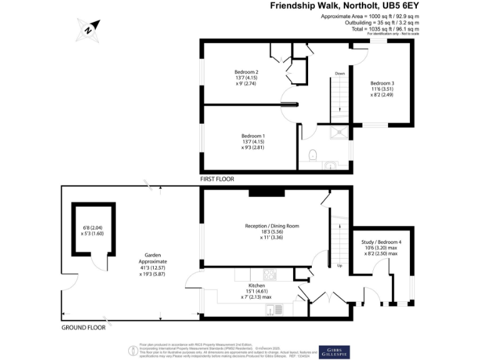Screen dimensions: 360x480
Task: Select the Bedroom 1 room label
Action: pos(254,136)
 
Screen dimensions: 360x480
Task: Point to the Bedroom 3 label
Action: pos(382,83)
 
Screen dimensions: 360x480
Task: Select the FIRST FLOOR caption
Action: pos(217,179)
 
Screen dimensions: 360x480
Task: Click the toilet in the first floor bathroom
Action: pos(314,154)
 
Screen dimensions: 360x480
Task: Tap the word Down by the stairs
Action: pos(339,73)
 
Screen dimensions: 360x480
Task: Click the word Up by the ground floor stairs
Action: pos(339,266)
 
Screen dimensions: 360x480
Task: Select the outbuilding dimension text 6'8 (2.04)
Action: pos(91,227)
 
